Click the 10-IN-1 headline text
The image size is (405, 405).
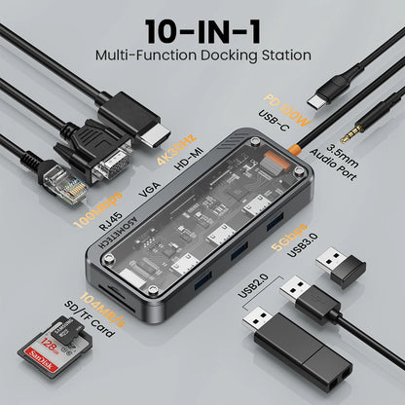202,30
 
